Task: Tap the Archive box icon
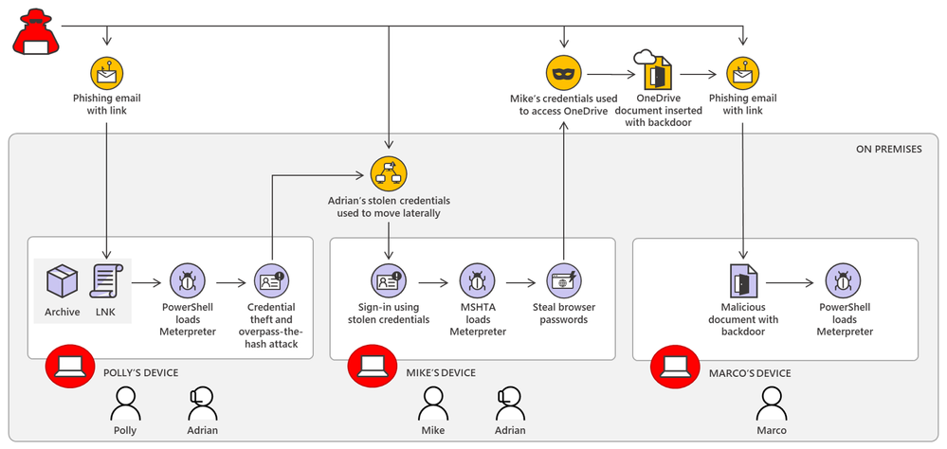[62, 281]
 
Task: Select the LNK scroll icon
[106, 281]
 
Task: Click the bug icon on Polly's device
[187, 281]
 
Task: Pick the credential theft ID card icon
[271, 281]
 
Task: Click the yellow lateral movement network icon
[388, 172]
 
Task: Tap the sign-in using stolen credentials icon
[388, 281]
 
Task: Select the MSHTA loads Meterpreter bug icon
[477, 281]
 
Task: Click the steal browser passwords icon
[563, 281]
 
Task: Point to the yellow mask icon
[563, 73]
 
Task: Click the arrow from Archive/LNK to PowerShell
[147, 281]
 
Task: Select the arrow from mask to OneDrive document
[607, 73]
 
